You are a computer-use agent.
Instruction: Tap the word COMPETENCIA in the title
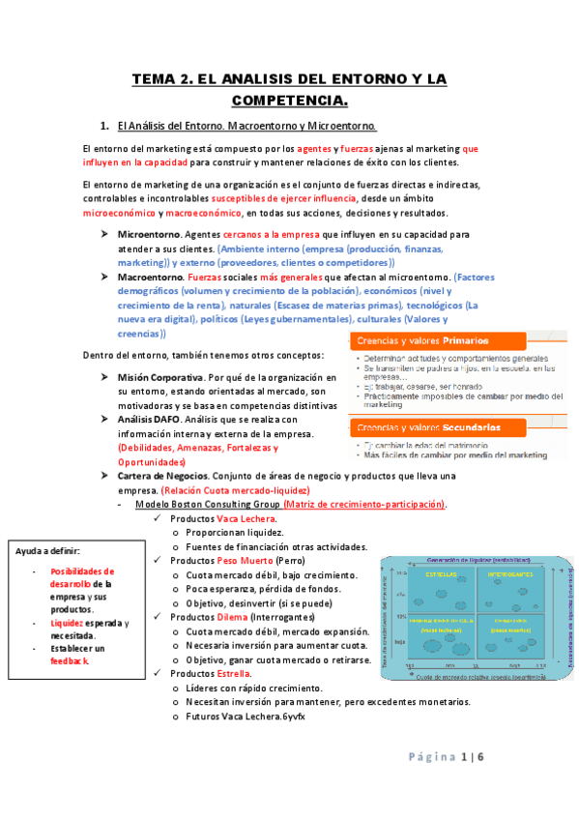tap(288, 100)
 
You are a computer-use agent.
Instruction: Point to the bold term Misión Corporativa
tap(160, 377)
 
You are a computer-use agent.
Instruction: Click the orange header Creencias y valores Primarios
tap(422, 340)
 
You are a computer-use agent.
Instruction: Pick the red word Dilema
tap(232, 617)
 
